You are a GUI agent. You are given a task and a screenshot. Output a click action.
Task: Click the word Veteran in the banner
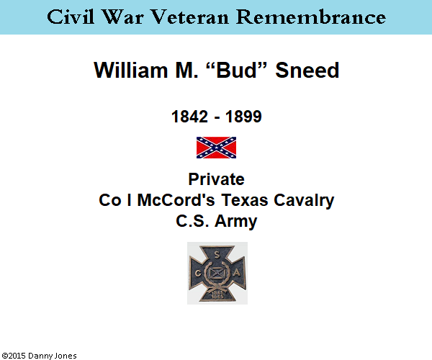click(190, 17)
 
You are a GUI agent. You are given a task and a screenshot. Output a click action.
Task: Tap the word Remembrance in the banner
click(311, 17)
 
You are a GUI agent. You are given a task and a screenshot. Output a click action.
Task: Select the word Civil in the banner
click(71, 17)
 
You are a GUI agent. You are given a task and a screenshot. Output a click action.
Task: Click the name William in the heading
click(131, 70)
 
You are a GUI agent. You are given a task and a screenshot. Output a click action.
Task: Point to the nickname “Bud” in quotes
click(237, 70)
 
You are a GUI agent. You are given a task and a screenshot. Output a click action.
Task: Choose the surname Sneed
click(307, 70)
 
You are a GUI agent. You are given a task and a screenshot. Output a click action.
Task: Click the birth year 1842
click(189, 117)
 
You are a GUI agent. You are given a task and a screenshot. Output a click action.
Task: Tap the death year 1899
click(243, 117)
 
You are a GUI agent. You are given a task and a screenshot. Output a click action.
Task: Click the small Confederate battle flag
click(216, 148)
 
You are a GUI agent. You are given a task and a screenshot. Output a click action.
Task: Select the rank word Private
click(216, 179)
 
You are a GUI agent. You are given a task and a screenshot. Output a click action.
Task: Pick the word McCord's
click(176, 200)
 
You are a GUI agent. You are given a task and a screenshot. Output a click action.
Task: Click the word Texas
click(245, 200)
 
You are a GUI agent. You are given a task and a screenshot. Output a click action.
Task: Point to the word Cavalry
click(304, 201)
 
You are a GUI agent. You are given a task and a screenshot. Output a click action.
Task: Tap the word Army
click(236, 222)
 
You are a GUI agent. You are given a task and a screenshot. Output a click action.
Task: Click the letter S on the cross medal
click(217, 256)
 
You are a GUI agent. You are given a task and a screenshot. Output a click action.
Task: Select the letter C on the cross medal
click(198, 273)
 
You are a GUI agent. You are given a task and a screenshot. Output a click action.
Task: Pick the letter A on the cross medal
click(237, 273)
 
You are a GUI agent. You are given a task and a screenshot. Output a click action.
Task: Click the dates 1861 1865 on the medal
click(217, 294)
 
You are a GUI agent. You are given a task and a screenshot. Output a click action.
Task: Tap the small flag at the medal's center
click(217, 273)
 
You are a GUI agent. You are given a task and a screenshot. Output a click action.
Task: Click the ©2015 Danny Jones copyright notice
click(39, 356)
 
